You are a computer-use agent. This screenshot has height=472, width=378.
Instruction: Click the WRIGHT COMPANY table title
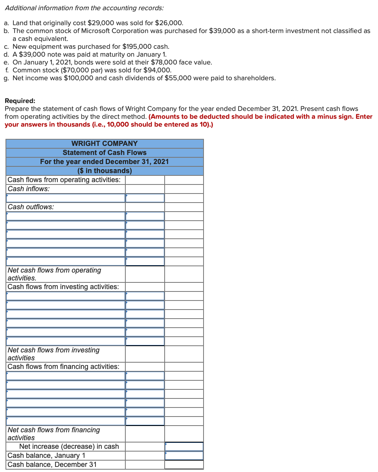click(105, 144)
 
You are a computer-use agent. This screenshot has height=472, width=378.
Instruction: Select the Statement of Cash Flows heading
click(105, 153)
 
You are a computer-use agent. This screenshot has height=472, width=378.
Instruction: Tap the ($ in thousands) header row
click(105, 171)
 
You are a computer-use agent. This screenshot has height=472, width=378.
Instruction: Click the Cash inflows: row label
click(29, 189)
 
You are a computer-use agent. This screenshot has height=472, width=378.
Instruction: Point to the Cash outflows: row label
click(31, 207)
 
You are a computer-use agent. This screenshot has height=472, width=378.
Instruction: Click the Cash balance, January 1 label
click(46, 455)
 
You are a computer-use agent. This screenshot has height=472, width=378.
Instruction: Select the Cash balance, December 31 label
click(52, 465)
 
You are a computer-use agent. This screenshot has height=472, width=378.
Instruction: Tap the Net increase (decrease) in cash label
click(69, 446)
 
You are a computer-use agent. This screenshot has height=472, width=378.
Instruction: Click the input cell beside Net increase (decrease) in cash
click(184, 446)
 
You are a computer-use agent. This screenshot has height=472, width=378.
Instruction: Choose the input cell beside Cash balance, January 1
click(184, 455)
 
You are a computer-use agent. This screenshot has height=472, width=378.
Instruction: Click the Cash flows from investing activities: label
click(63, 287)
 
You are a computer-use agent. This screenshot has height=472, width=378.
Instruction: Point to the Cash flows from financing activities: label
click(64, 367)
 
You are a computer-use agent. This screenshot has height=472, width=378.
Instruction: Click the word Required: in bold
click(20, 101)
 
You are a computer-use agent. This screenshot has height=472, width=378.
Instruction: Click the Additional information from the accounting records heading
click(84, 8)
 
